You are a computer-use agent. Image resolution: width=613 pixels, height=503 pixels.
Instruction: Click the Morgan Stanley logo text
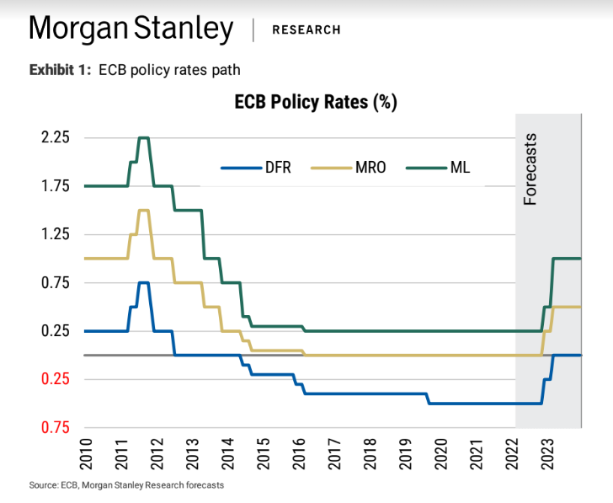(x=131, y=29)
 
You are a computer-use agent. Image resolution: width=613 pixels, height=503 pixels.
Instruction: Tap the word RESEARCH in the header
(x=306, y=30)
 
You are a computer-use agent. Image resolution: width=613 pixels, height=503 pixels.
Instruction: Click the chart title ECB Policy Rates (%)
(x=315, y=102)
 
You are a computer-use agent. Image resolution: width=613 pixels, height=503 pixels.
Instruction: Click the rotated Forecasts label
(x=530, y=169)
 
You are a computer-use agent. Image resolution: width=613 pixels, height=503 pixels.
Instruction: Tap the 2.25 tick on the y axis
(x=52, y=137)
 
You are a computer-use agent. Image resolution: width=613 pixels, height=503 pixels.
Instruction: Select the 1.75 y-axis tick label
(x=52, y=185)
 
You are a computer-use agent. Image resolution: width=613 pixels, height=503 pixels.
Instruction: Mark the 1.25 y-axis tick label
(x=52, y=233)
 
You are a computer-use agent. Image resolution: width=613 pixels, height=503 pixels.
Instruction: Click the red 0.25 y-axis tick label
(x=52, y=378)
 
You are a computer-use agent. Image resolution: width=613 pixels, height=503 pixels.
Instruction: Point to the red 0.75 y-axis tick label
(x=52, y=427)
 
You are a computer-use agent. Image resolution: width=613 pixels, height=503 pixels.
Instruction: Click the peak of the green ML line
(x=143, y=137)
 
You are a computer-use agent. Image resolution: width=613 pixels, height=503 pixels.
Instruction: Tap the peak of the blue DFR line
(x=143, y=282)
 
